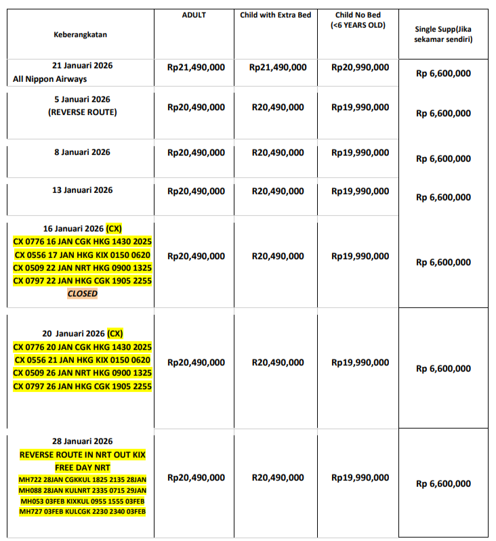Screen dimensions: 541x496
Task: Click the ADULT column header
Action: point(194,15)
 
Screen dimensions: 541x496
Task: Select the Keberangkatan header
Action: point(81,34)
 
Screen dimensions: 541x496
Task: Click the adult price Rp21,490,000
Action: point(196,67)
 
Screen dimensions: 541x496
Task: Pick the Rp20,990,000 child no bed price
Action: point(360,67)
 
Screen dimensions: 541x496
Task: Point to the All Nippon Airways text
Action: point(50,79)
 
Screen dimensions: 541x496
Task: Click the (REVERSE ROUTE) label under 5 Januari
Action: point(82,112)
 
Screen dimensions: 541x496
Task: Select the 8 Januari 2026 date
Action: point(82,152)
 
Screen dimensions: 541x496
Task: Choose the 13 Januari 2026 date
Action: point(82,190)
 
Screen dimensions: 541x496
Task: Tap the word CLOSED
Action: point(82,294)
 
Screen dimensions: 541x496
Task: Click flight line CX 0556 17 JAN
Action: point(82,255)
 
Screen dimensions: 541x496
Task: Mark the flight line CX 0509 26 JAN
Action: point(82,373)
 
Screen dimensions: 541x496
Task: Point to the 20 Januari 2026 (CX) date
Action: point(82,334)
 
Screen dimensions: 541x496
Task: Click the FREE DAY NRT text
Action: point(82,468)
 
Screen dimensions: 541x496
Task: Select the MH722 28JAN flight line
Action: point(82,479)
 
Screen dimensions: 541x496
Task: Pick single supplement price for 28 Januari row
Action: point(443,483)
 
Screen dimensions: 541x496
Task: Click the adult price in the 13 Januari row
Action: point(196,192)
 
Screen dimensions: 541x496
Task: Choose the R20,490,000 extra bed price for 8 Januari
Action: point(278,153)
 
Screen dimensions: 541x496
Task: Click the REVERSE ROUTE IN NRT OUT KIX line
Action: point(82,454)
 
